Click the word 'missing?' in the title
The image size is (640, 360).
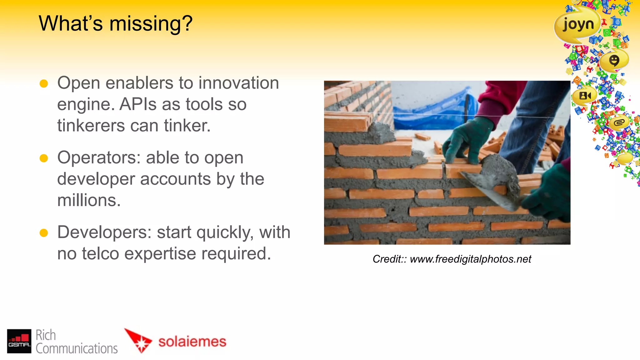151,24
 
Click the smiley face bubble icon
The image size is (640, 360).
614,60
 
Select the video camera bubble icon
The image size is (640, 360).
585,96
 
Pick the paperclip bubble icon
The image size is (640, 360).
619,122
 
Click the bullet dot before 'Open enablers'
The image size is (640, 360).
44,84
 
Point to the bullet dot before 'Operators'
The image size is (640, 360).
44,158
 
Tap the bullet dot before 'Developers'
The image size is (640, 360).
44,233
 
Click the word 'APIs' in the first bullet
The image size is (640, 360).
138,104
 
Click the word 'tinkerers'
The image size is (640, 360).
91,126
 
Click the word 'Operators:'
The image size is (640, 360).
99,157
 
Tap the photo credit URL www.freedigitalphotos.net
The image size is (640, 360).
470,259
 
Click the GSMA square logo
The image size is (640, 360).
19,341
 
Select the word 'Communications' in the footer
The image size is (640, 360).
77,348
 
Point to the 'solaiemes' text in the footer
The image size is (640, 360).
192,342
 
